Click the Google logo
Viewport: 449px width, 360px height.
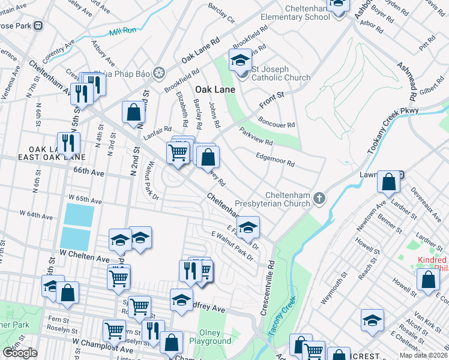click(x=20, y=353)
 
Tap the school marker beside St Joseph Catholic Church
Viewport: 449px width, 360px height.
click(x=240, y=60)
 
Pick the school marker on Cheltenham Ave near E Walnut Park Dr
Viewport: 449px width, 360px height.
click(x=248, y=227)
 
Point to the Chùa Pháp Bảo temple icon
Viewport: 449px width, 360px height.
click(x=160, y=73)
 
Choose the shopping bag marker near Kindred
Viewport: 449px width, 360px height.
click(x=429, y=280)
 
